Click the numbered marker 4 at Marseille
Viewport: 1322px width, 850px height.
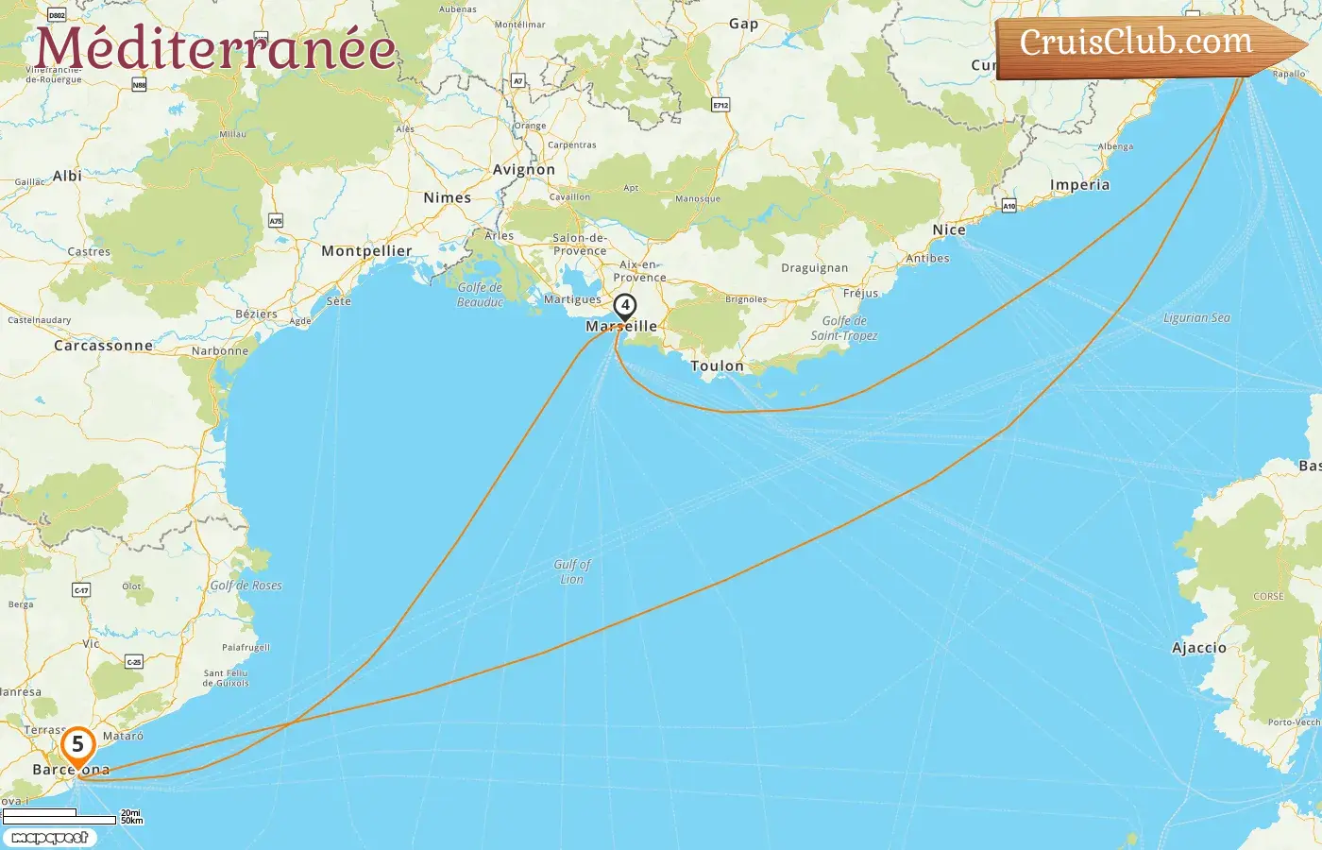tap(624, 306)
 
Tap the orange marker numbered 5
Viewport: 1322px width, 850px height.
tap(77, 745)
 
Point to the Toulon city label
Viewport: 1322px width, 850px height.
tap(717, 365)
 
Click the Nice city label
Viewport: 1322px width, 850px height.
tap(949, 229)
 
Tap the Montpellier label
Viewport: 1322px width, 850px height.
tap(366, 251)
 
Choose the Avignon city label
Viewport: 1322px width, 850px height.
tap(524, 170)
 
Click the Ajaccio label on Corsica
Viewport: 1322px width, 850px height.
tap(1199, 648)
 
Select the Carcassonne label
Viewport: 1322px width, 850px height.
tap(103, 346)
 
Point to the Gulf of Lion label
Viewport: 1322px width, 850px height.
tap(572, 571)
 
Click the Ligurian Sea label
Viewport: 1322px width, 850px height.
tap(1196, 318)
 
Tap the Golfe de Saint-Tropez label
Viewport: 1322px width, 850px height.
tap(844, 328)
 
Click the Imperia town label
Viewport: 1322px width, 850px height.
tap(1079, 185)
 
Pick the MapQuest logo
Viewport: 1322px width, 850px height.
tap(51, 838)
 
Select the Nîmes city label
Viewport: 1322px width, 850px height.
tap(447, 198)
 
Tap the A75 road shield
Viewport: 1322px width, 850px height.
tap(276, 221)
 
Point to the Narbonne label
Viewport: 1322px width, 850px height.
tap(220, 351)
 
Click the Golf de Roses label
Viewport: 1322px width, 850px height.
tap(246, 586)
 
